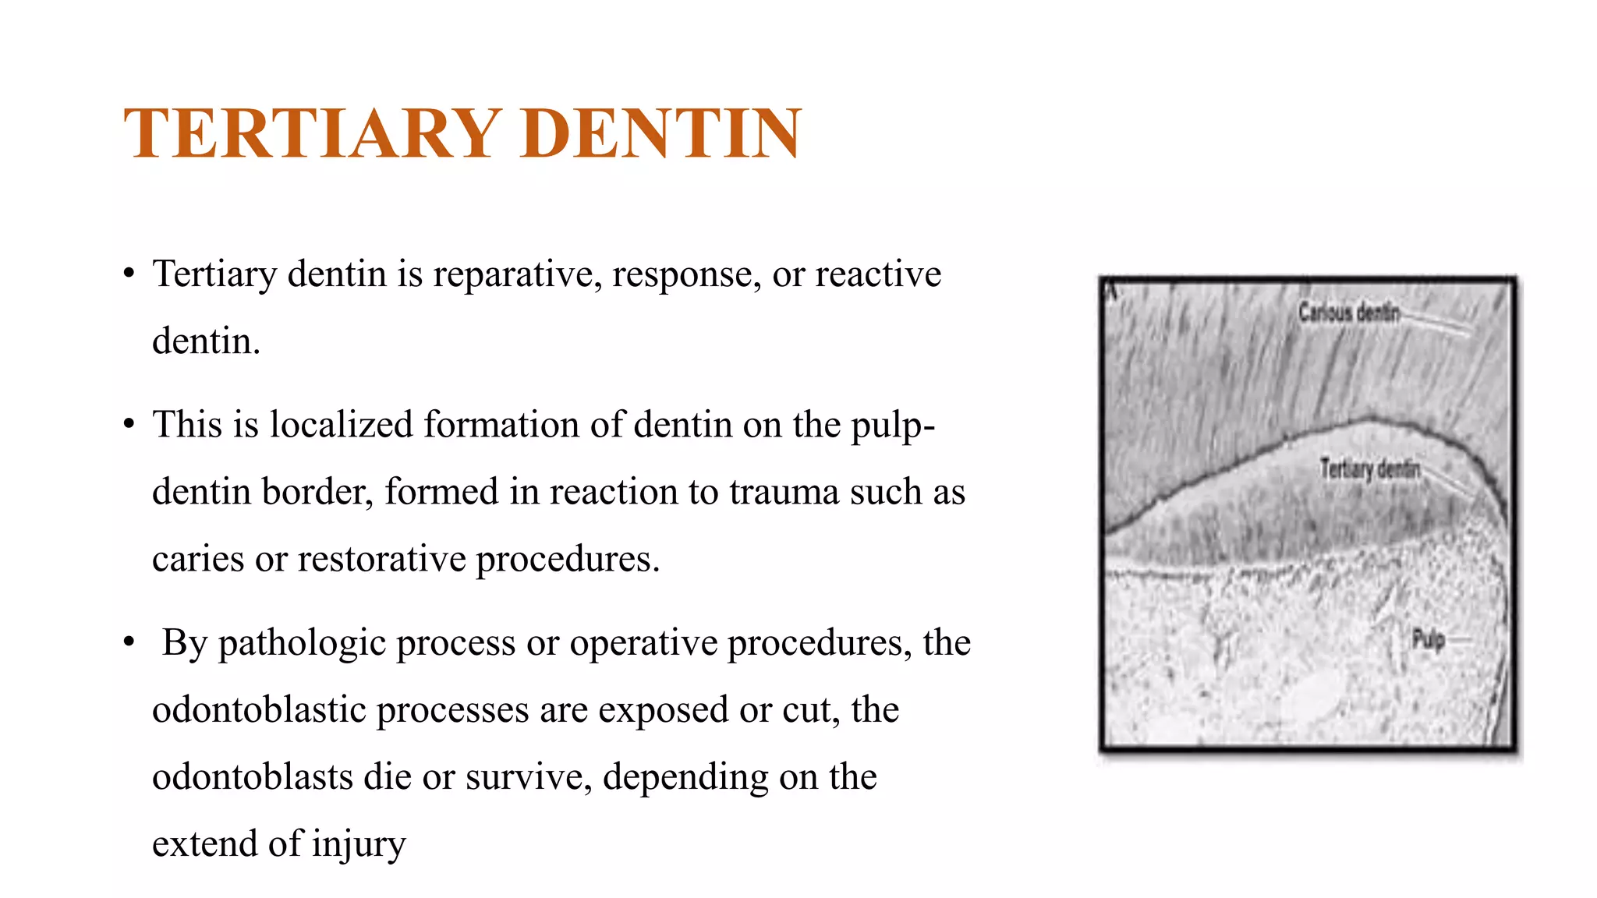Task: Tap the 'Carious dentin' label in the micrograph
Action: pyautogui.click(x=1348, y=313)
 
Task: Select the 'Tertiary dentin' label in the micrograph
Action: pyautogui.click(x=1369, y=469)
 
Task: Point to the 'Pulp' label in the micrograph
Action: pyautogui.click(x=1428, y=640)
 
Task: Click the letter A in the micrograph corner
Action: pyautogui.click(x=1112, y=292)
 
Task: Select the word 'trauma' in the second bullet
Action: pyautogui.click(x=783, y=492)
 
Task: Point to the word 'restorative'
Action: pyautogui.click(x=381, y=559)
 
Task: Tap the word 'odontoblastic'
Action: pyautogui.click(x=258, y=710)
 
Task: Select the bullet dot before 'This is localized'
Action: pyautogui.click(x=129, y=425)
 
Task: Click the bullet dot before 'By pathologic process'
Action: pyautogui.click(x=129, y=643)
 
